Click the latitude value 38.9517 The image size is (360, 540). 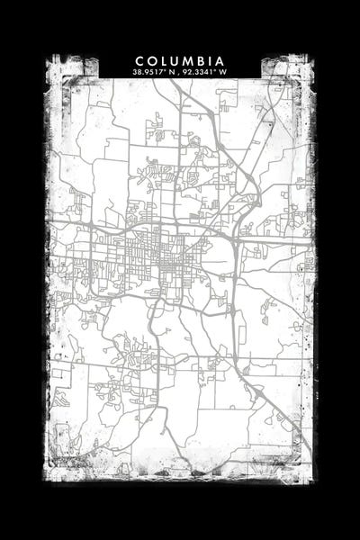click(x=146, y=71)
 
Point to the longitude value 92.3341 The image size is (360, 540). click(x=200, y=71)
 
